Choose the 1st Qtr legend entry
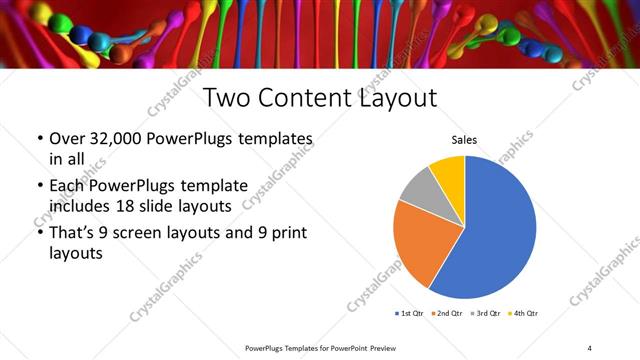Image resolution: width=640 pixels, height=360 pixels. (x=411, y=313)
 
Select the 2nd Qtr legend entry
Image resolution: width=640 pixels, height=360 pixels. (x=447, y=313)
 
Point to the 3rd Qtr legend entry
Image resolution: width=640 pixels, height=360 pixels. (x=484, y=313)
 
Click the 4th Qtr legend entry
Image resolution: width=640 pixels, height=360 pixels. (x=521, y=313)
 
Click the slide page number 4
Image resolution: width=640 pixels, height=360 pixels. (x=589, y=347)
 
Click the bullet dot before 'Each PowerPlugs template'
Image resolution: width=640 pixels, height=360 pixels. (x=39, y=186)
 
